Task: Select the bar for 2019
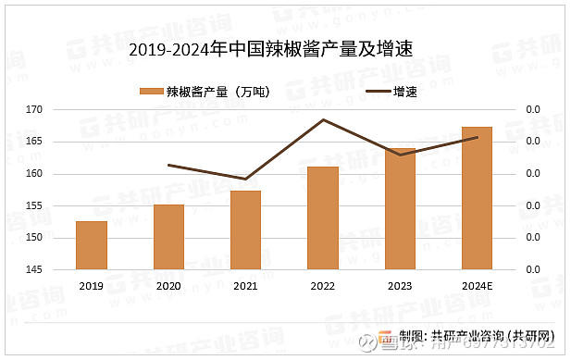point(92,246)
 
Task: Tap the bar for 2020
point(168,238)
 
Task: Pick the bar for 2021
point(245,230)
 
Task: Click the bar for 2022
point(323,218)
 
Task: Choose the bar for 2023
point(400,209)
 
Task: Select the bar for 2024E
point(477,199)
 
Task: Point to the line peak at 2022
point(323,119)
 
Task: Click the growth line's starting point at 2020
point(168,165)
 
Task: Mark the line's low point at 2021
point(245,179)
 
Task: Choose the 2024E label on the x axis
point(477,286)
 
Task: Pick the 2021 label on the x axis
point(245,286)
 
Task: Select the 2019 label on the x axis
point(92,286)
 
